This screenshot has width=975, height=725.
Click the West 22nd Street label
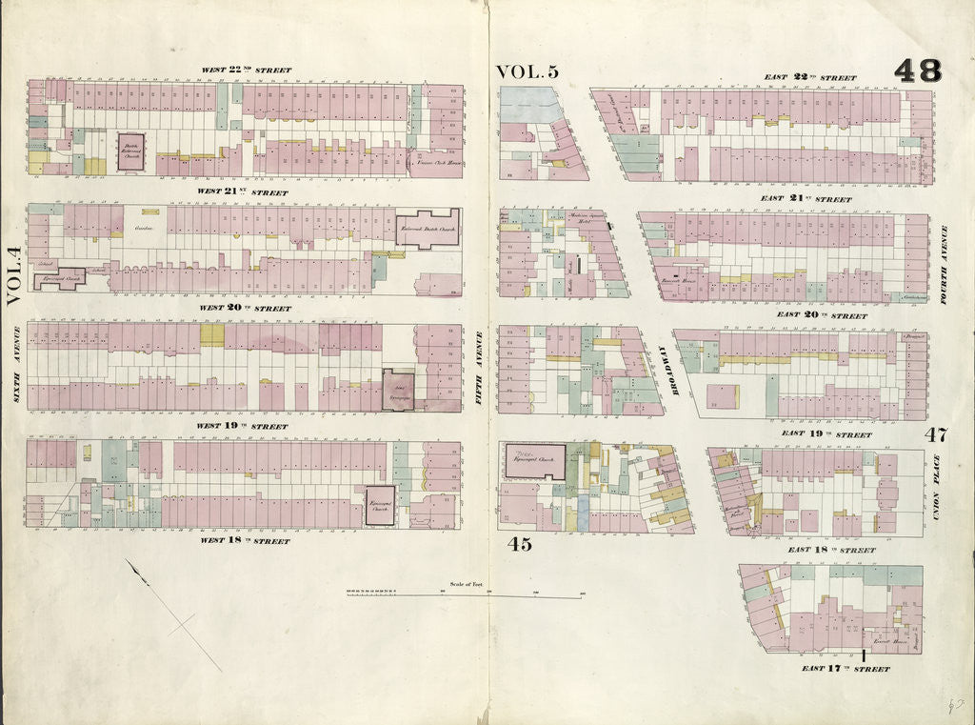click(x=245, y=70)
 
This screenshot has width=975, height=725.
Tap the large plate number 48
click(x=917, y=70)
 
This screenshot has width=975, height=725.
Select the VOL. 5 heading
click(x=527, y=71)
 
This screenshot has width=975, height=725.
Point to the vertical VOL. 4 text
click(x=13, y=276)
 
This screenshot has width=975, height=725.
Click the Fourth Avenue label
click(x=944, y=264)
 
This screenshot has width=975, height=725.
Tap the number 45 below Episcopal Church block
click(x=519, y=545)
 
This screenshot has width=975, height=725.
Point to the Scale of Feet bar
click(x=465, y=594)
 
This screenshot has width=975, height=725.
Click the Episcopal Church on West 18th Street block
click(x=380, y=506)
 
